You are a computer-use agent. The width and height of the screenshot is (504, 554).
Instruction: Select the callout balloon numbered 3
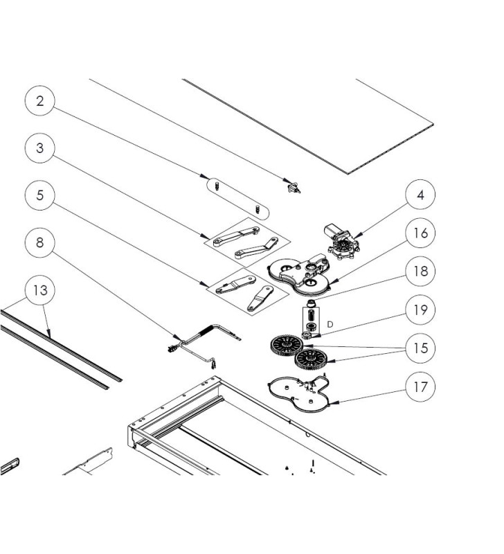point(41,148)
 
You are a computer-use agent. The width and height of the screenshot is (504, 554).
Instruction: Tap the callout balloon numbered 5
point(41,196)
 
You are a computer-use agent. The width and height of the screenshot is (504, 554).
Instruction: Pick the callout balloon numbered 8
point(41,243)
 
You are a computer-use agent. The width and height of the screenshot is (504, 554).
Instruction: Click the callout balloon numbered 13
point(41,290)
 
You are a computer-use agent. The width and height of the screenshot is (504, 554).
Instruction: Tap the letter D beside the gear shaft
point(330,323)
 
